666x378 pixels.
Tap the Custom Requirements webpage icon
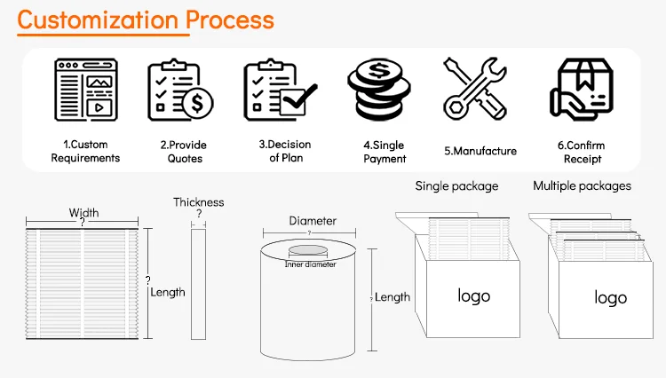[86, 89]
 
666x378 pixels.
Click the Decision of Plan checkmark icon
[280, 89]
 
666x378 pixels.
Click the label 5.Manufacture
[480, 151]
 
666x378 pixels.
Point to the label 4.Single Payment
[385, 152]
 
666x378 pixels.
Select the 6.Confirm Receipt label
[583, 152]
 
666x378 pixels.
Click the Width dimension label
[83, 213]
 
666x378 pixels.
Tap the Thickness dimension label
[199, 202]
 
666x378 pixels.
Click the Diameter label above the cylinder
[313, 221]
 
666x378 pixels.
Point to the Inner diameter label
[310, 264]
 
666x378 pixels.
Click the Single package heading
[456, 186]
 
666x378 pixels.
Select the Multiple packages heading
[582, 186]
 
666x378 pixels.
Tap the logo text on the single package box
[473, 295]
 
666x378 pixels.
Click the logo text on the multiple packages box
[610, 298]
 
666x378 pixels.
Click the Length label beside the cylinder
[392, 297]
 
